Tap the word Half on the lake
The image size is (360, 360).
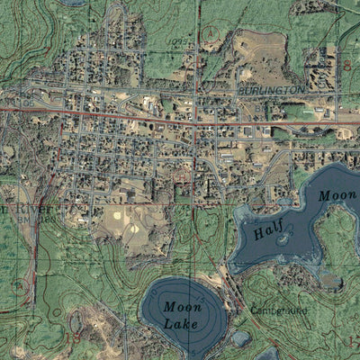coord(267,232)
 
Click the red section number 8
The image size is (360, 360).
coord(347,65)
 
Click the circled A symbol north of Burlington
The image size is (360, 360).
coord(209,37)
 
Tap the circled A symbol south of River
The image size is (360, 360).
coord(19,286)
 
